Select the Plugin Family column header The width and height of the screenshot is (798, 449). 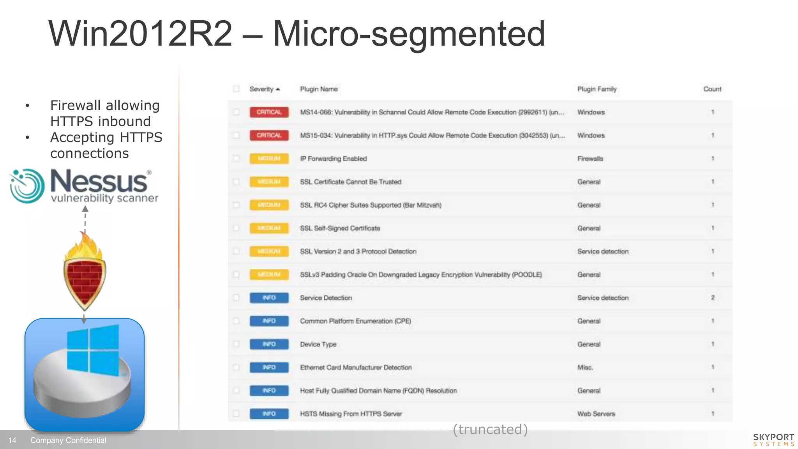click(x=597, y=89)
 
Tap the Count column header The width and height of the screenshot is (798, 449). click(x=712, y=89)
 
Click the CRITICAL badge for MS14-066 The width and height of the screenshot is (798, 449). click(x=269, y=112)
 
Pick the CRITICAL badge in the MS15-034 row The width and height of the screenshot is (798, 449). click(x=269, y=135)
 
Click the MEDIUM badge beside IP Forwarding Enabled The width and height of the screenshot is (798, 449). click(x=269, y=159)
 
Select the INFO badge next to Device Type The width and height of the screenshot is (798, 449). click(x=269, y=344)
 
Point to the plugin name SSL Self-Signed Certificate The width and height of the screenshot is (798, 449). click(x=340, y=228)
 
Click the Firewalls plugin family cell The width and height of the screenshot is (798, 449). click(x=590, y=159)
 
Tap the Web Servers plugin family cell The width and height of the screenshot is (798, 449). click(x=596, y=414)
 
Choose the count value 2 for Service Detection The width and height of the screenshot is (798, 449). click(x=712, y=298)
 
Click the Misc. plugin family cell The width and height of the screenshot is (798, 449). click(x=585, y=368)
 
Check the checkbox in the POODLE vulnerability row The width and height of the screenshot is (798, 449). click(x=236, y=275)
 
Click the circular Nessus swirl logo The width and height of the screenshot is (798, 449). click(x=27, y=186)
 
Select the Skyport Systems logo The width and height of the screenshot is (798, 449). click(x=773, y=440)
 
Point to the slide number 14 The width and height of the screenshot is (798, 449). click(x=12, y=440)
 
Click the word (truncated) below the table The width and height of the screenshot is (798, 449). click(x=490, y=430)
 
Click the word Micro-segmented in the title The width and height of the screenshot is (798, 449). click(x=409, y=34)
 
